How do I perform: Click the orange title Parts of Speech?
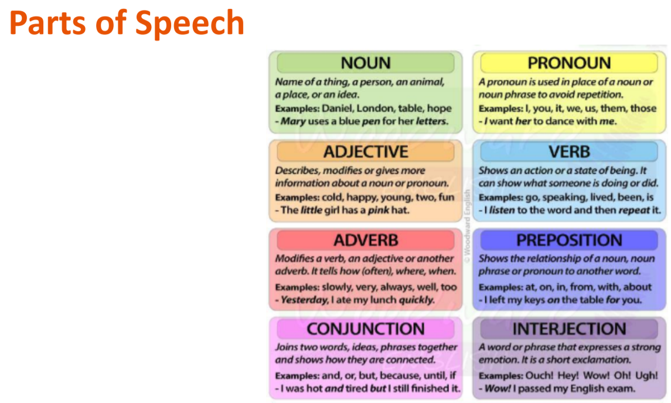(x=127, y=23)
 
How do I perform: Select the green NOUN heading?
(x=366, y=63)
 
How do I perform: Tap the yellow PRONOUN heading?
(x=569, y=63)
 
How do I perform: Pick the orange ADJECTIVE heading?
(x=366, y=151)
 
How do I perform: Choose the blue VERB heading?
(x=569, y=151)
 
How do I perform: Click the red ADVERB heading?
(x=366, y=241)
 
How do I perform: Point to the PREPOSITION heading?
(x=569, y=241)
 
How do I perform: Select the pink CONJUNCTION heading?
(x=366, y=329)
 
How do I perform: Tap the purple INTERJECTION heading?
(x=569, y=329)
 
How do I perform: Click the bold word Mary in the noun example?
(x=293, y=121)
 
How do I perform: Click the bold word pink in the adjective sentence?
(x=378, y=210)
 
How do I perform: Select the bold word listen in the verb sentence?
(x=502, y=210)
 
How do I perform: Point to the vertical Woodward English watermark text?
(x=467, y=225)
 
